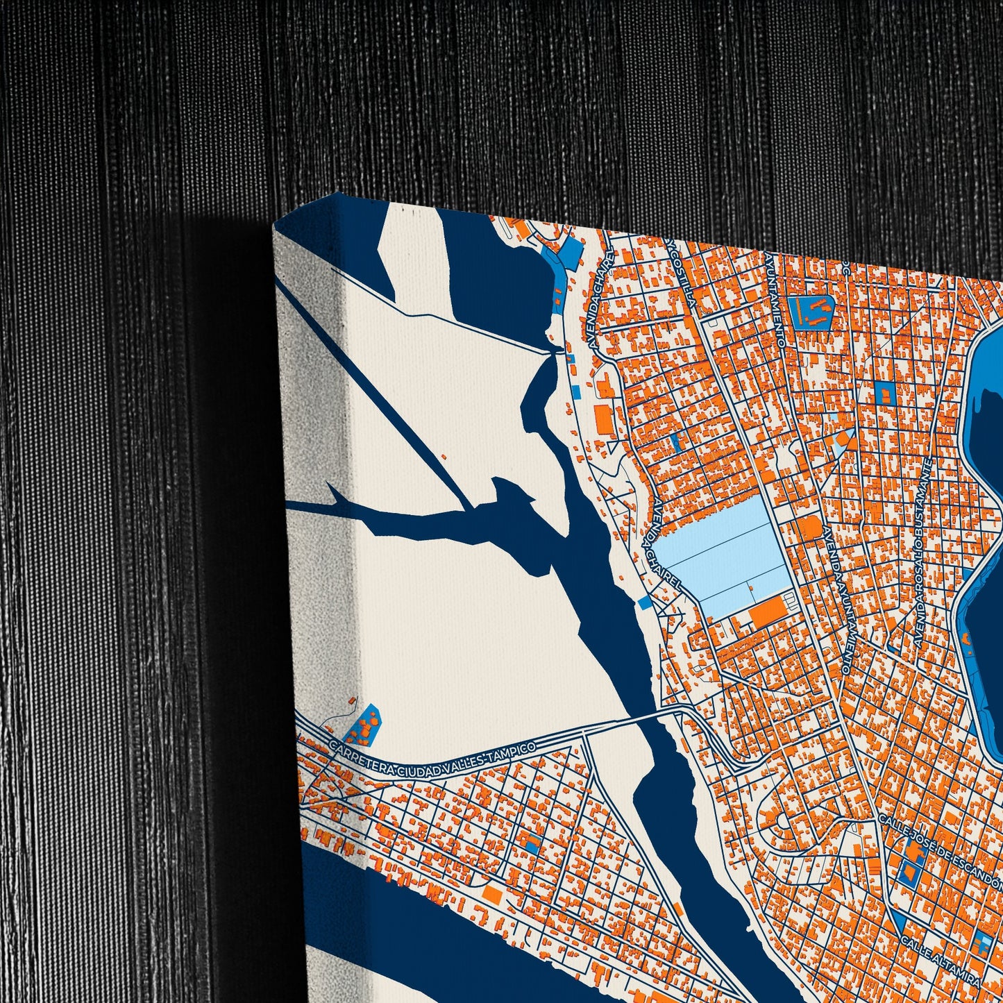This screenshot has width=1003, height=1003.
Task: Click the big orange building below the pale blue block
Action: pyautogui.click(x=768, y=611)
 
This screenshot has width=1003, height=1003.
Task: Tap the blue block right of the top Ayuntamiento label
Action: pyautogui.click(x=811, y=312)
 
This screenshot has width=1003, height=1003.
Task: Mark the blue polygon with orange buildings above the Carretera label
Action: pyautogui.click(x=362, y=725)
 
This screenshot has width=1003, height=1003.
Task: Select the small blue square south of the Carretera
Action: pyautogui.click(x=532, y=843)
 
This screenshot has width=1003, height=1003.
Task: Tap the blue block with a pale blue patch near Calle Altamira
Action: pyautogui.click(x=981, y=945)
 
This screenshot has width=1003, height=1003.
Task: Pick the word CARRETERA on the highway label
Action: pyautogui.click(x=362, y=757)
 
